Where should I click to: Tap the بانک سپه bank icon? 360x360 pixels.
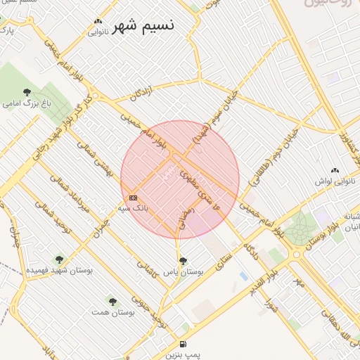coord(134,199)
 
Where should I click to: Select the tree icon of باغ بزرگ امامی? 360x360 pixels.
coord(27,92)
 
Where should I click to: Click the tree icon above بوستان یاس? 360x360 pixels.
coord(183,261)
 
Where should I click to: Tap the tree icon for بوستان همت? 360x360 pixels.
coord(112,302)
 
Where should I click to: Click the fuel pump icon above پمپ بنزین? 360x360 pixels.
coord(183,345)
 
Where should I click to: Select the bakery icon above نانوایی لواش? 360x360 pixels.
coord(335,171)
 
